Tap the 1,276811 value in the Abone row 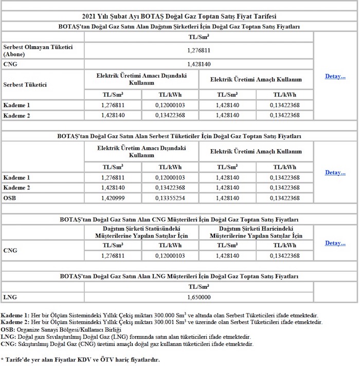199,50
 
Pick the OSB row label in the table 10,198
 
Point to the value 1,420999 113,198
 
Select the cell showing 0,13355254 170,198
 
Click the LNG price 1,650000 199,297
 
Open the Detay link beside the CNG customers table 335,243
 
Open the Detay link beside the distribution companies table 335,77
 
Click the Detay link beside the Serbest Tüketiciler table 335,172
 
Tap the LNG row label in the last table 10,297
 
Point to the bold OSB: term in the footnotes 8,329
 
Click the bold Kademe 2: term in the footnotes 15,322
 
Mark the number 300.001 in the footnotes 168,322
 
